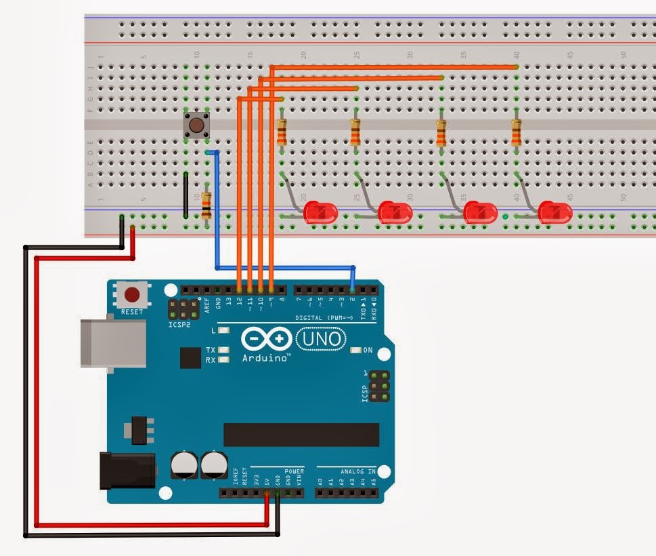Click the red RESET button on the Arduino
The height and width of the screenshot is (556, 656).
click(132, 294)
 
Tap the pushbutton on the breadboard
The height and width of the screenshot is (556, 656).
click(196, 125)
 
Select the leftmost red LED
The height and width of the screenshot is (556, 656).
click(320, 212)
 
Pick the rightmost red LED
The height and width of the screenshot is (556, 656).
click(554, 212)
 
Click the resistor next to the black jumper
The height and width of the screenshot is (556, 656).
click(206, 205)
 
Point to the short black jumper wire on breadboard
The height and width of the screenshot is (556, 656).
click(185, 195)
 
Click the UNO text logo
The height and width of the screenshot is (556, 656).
click(321, 338)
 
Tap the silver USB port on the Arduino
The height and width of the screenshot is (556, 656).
click(112, 343)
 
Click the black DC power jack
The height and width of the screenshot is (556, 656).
click(127, 470)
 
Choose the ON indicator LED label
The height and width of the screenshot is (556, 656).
click(368, 351)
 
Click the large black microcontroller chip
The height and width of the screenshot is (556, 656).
click(301, 435)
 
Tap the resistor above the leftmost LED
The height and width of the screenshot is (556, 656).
click(282, 132)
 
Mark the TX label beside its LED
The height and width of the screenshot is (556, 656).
click(211, 350)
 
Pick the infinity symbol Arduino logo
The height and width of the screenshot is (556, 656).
click(265, 337)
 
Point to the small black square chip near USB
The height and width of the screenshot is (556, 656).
click(190, 358)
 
